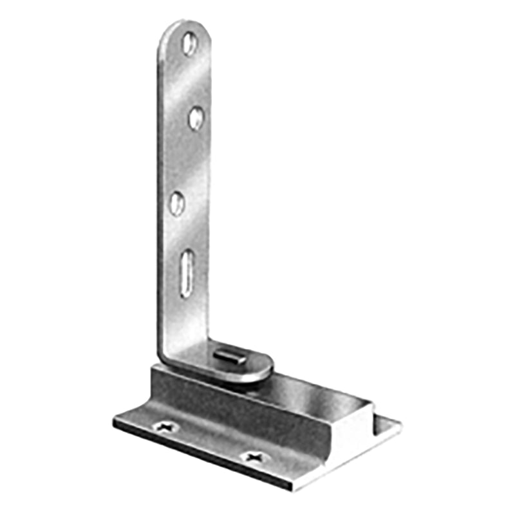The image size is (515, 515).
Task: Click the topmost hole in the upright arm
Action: coord(189,44)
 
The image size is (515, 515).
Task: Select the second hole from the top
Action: coord(196,118)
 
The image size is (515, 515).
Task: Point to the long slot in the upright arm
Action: coord(186,273)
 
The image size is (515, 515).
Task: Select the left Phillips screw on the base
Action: coord(167,426)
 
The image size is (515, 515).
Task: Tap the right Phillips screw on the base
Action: coord(256,458)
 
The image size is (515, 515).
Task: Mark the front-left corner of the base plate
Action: coord(116,421)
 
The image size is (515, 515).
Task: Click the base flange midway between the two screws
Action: coord(211,442)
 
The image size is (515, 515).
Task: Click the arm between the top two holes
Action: coord(191,80)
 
